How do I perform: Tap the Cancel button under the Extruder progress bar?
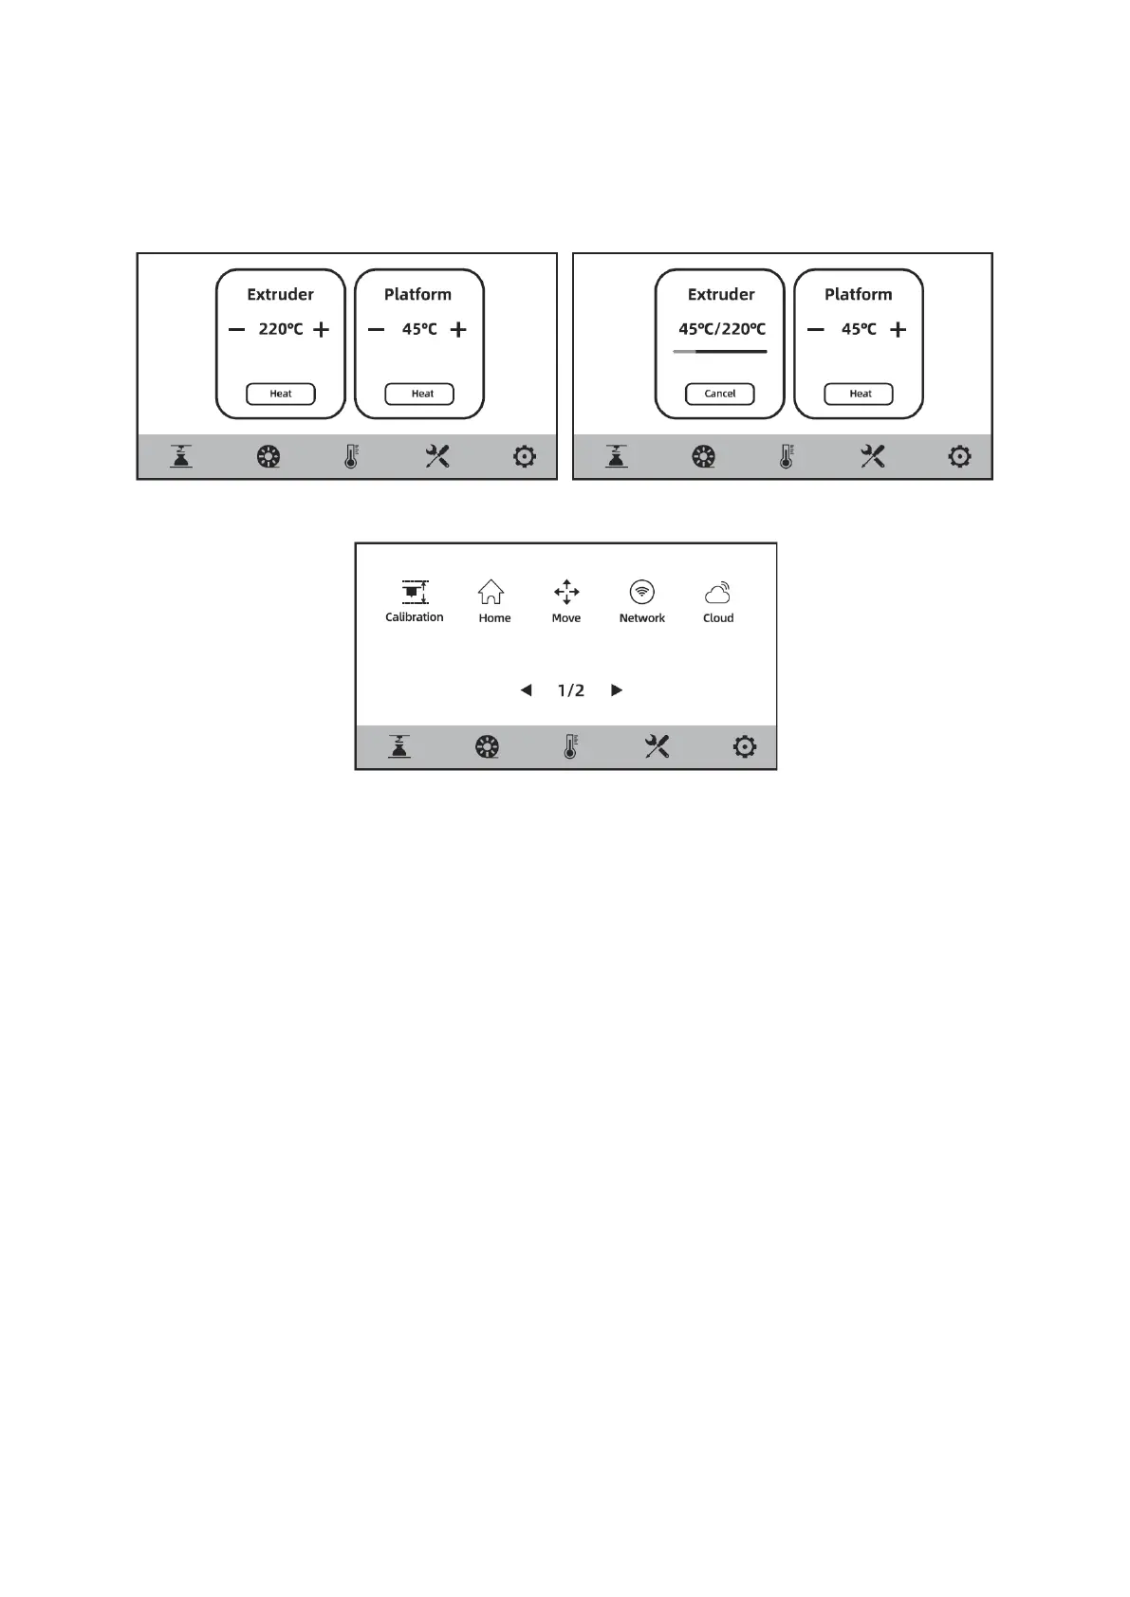pos(719,394)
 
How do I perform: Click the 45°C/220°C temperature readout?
pos(721,329)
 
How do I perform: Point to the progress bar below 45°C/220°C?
pos(720,352)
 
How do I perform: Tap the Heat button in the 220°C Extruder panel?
pos(281,394)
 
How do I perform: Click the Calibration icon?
pos(415,593)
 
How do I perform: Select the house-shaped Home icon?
pos(491,593)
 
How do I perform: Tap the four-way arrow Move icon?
pos(566,593)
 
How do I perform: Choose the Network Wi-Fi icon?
pos(642,593)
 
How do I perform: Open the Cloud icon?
pos(718,594)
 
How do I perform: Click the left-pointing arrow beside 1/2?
pos(526,690)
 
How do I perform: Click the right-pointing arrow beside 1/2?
pos(617,690)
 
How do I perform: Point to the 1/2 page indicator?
pos(571,690)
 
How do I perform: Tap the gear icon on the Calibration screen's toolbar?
pos(745,747)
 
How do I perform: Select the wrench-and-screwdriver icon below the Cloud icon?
pos(657,747)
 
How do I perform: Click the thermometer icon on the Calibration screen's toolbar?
pos(570,747)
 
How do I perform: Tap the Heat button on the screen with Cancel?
pos(860,394)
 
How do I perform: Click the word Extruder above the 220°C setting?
pos(280,295)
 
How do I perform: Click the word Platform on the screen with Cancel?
pos(858,295)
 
